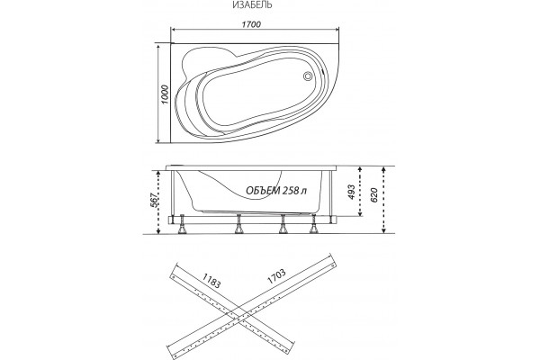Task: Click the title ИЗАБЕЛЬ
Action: point(252,4)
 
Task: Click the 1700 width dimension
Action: point(251,24)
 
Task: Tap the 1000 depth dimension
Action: point(165,94)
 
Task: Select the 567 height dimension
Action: point(155,200)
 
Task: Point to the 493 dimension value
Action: point(350,192)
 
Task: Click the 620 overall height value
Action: point(374,194)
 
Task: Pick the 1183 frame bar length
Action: point(211,281)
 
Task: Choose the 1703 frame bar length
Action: point(276,276)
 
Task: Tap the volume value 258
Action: point(291,191)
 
